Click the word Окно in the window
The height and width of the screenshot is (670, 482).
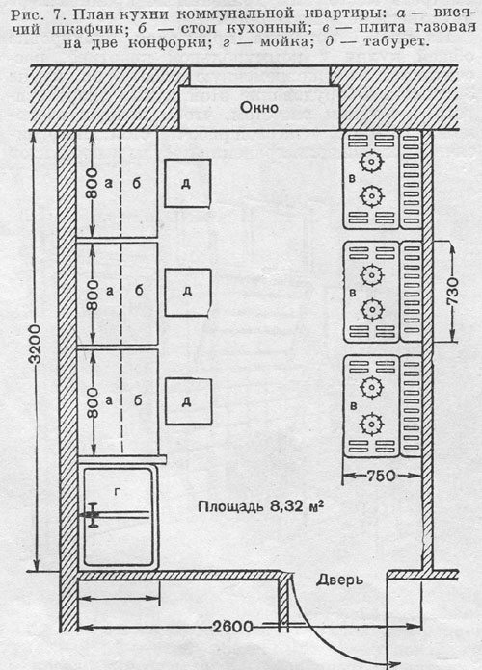[x=259, y=107]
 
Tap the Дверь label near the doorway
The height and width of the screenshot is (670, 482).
[x=340, y=580]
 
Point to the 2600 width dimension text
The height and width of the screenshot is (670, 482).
[x=232, y=627]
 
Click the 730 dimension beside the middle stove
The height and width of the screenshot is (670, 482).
[x=452, y=291]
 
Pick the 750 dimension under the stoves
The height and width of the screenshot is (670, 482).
[x=381, y=476]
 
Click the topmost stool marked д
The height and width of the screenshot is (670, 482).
[x=187, y=183]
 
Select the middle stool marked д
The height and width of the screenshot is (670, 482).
[x=188, y=293]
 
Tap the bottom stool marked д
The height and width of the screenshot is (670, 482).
[x=189, y=401]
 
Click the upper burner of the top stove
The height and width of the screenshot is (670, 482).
[x=371, y=162]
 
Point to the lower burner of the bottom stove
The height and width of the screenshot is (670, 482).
[x=371, y=424]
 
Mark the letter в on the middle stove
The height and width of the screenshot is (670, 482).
[x=353, y=293]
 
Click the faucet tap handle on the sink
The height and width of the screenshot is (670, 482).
[x=93, y=515]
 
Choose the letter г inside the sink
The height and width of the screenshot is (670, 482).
[x=118, y=492]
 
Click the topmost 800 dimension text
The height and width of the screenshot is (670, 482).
[x=92, y=183]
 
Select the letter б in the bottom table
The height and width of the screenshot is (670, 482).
[x=138, y=400]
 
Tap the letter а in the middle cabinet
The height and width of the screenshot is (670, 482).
[x=110, y=292]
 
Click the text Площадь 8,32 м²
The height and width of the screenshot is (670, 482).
[x=260, y=506]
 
